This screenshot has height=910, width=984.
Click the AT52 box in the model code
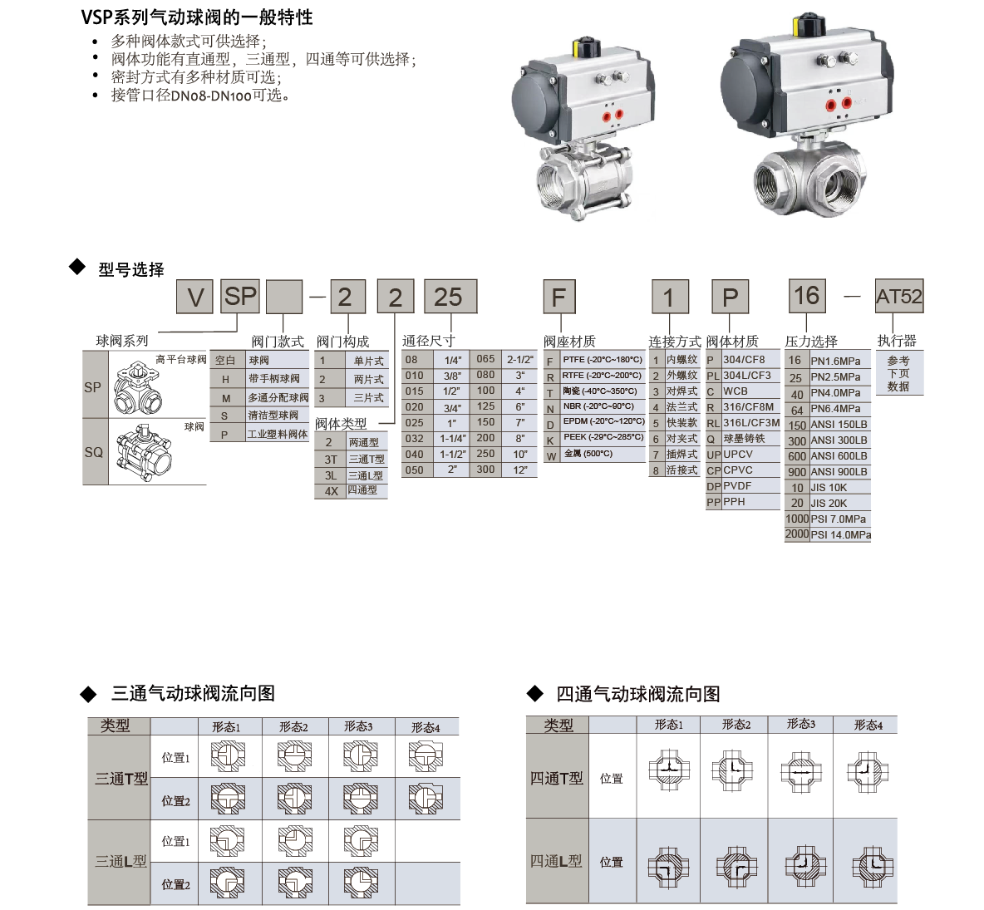point(899,296)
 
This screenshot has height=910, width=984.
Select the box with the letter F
point(559,297)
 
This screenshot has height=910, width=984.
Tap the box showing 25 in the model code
point(450,296)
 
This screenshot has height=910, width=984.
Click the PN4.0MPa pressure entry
point(835,393)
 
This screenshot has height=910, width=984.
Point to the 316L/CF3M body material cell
point(751,423)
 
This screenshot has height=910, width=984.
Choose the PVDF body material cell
point(736,486)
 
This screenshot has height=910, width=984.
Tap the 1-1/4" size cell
point(452,439)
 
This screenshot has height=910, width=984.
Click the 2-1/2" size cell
point(520,360)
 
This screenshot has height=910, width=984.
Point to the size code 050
point(414,470)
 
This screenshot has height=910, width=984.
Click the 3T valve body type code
point(331,460)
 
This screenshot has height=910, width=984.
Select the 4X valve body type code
point(332,491)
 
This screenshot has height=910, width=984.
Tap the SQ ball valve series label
point(94,452)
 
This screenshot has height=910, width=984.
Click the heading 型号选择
point(131,270)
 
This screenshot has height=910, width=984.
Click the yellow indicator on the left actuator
point(576,48)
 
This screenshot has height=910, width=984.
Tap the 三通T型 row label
point(121,778)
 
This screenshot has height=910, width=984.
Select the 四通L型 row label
point(556,861)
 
